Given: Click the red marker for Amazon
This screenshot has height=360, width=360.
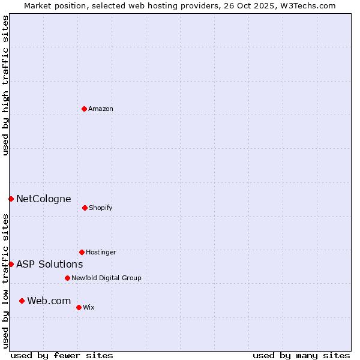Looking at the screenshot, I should click(84, 109).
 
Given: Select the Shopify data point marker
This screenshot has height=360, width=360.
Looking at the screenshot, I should click(85, 208).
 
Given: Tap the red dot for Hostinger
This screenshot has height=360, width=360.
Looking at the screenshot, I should click(82, 252).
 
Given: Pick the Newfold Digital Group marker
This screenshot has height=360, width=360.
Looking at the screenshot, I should click(67, 278).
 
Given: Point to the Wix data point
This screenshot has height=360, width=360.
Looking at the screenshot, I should click(79, 307).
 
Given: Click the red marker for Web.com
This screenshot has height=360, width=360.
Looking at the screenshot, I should click(22, 301).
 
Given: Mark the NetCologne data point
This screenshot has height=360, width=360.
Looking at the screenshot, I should click(11, 199).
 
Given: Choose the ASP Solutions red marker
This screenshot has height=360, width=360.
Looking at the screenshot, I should click(11, 264).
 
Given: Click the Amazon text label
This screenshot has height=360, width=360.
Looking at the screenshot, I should click(101, 109).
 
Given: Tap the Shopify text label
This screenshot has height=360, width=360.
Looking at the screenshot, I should click(101, 208).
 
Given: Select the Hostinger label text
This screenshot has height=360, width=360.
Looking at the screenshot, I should click(101, 252).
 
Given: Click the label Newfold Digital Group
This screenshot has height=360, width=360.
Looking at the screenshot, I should click(106, 278).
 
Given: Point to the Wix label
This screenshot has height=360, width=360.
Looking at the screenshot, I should click(89, 307).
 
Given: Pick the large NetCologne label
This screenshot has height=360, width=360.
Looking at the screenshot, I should click(43, 199).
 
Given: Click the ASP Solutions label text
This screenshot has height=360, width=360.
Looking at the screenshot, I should click(49, 264).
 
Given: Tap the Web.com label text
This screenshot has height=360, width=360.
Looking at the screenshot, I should click(49, 301).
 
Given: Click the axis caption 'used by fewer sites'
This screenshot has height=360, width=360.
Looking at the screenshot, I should click(62, 355).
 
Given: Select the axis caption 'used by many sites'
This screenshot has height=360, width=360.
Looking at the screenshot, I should click(301, 355).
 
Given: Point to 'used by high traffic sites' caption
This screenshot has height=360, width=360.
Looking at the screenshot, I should click(5, 85).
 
